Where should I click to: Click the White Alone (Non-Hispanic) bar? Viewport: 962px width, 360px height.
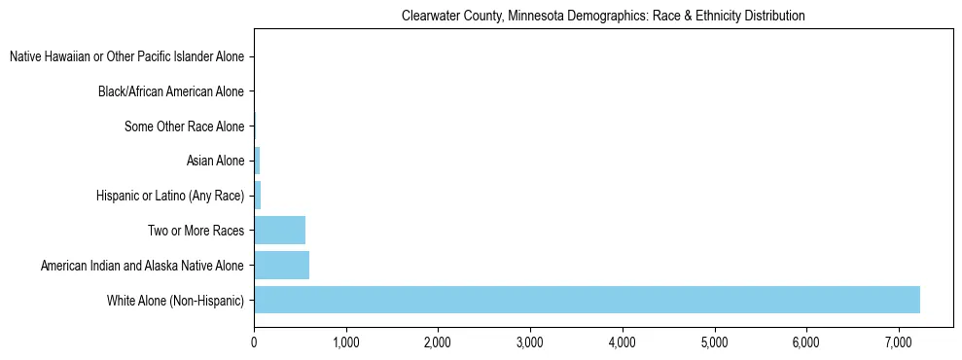click(x=587, y=300)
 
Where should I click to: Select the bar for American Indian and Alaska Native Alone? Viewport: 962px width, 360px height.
click(x=281, y=265)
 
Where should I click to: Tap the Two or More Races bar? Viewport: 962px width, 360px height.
click(x=279, y=231)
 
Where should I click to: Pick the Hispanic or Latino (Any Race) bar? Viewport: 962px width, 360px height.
click(x=258, y=196)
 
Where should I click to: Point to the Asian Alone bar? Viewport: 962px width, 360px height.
click(x=257, y=161)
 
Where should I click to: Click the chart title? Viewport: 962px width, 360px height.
click(x=603, y=17)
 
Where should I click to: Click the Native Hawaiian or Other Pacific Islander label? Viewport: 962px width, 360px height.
click(x=126, y=57)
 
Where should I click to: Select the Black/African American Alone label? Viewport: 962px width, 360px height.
click(x=171, y=92)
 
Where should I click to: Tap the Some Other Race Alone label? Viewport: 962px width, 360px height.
click(x=185, y=126)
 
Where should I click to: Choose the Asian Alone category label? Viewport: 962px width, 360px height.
click(x=215, y=162)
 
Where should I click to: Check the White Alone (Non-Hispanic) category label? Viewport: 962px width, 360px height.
click(x=176, y=300)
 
